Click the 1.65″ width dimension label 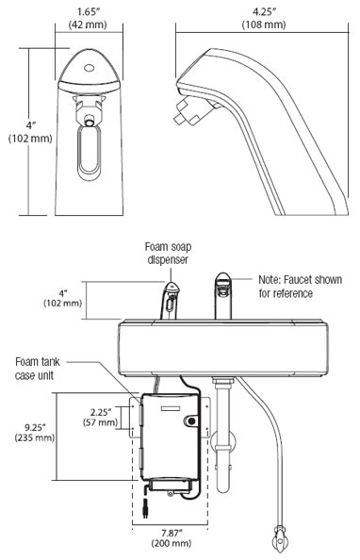[88, 12]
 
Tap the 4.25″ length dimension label [264, 12]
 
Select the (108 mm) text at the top [264, 25]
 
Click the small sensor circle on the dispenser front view [88, 68]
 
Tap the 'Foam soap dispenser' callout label [168, 254]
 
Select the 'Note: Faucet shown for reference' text [300, 287]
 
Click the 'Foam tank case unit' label [37, 369]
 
